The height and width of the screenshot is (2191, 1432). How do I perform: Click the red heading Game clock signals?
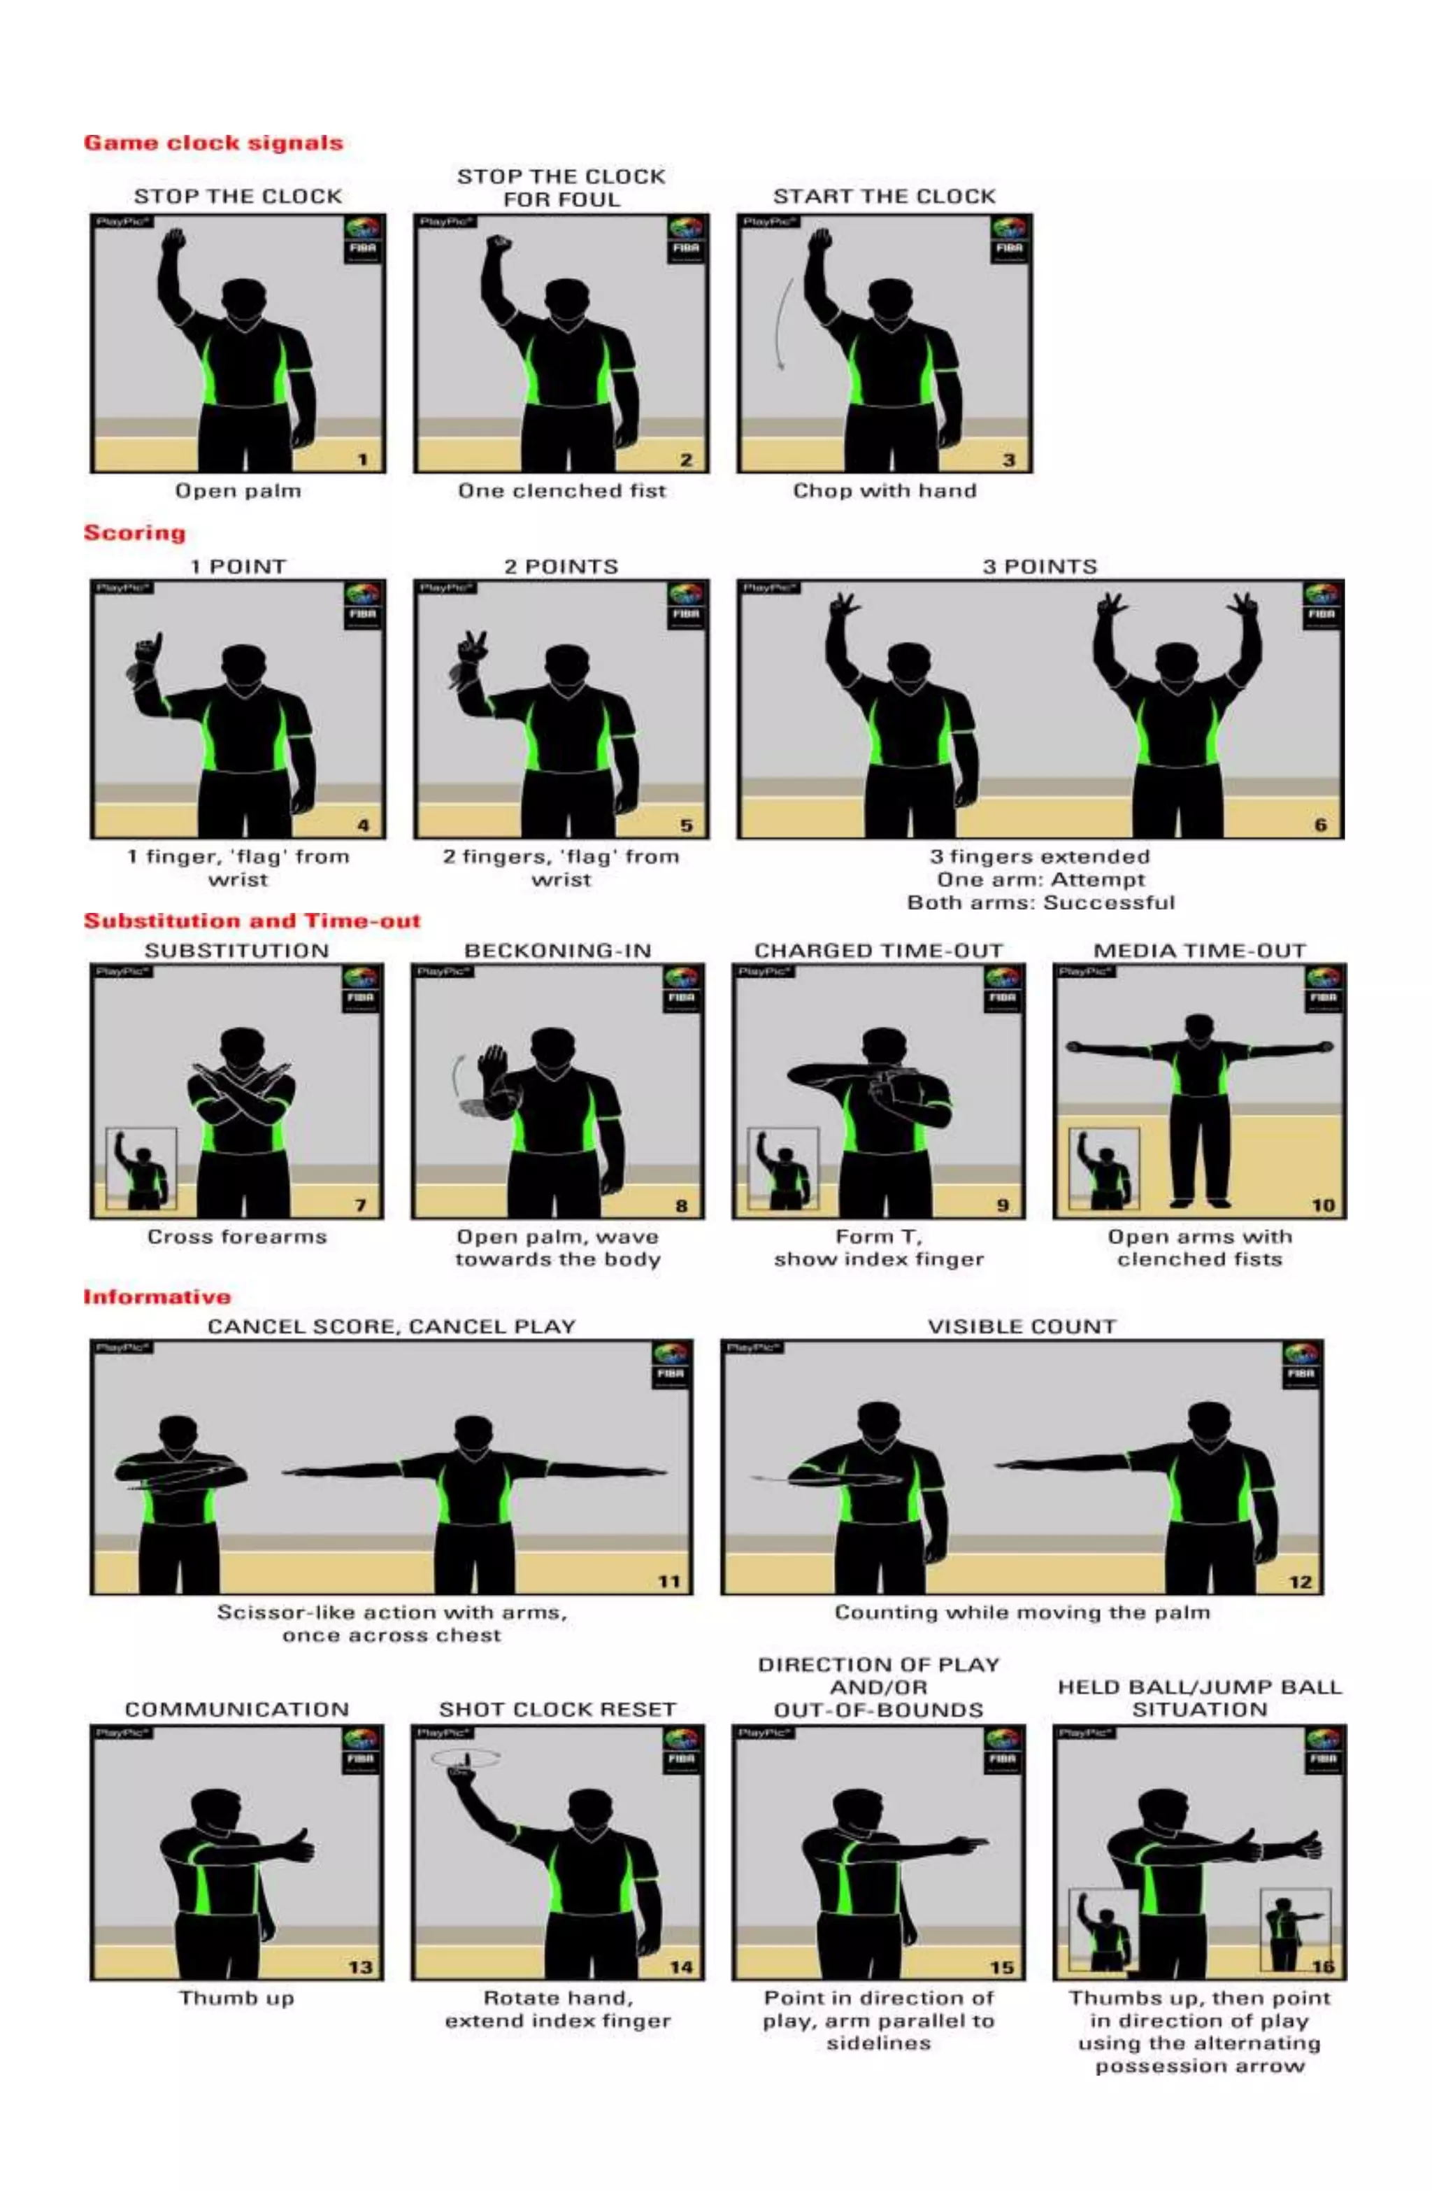coord(213,143)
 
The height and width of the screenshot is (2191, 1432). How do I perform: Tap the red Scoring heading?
coord(134,533)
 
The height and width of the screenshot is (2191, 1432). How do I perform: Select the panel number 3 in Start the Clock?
coord(1009,460)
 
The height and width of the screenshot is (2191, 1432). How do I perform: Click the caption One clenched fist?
coord(561,490)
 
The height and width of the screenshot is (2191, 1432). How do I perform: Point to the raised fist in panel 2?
coord(498,246)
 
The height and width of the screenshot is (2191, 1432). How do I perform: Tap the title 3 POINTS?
coord(1040,566)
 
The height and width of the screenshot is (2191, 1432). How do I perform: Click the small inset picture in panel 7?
coord(141,1168)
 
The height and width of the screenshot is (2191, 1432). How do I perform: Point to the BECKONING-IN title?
coord(558,950)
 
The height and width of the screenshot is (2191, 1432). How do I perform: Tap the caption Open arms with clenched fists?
coord(1199,1247)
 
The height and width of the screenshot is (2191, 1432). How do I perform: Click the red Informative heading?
coord(157,1296)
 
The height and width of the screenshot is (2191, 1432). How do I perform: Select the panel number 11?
coord(669,1581)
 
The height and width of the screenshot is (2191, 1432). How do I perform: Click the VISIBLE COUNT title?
coord(1022,1326)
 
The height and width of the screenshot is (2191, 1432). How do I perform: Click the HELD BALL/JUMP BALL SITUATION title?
coord(1199,1699)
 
